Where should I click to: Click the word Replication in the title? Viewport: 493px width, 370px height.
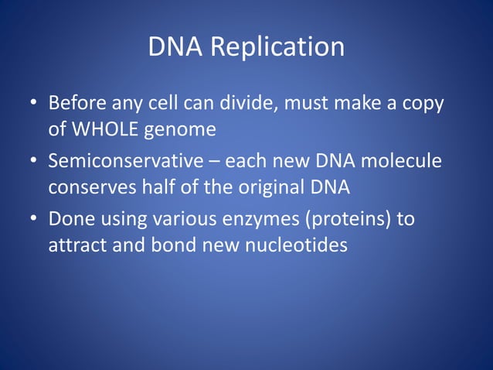[x=277, y=47]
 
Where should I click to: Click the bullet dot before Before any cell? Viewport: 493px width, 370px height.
[x=34, y=104]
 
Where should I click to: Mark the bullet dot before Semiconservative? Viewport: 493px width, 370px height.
[x=34, y=162]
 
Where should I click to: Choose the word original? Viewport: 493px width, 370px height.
[x=279, y=187]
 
